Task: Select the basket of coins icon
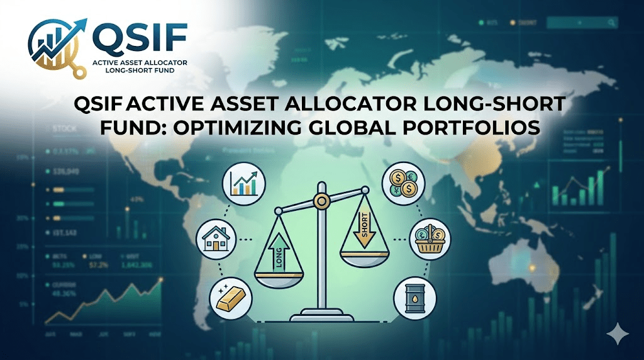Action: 430,239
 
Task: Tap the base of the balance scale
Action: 322,313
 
